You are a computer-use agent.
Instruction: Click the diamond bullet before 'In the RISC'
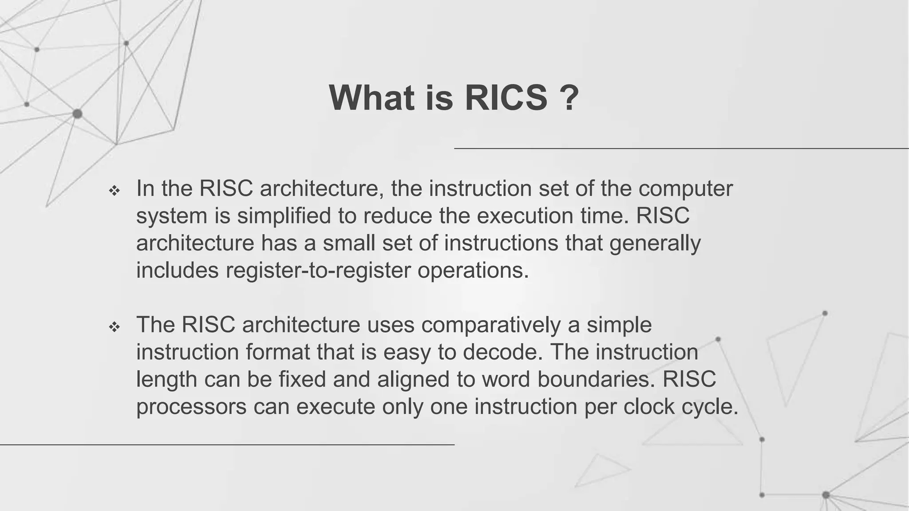tap(115, 191)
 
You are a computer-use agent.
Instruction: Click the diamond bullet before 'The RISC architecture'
tap(115, 327)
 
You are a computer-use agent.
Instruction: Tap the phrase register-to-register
tap(318, 271)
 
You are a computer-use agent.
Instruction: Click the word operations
tap(473, 271)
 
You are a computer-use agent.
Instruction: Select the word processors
tap(191, 407)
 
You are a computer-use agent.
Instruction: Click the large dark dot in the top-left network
tap(77, 114)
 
